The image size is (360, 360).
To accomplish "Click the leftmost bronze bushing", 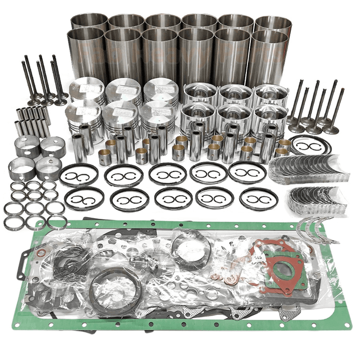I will pos(105,156).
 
